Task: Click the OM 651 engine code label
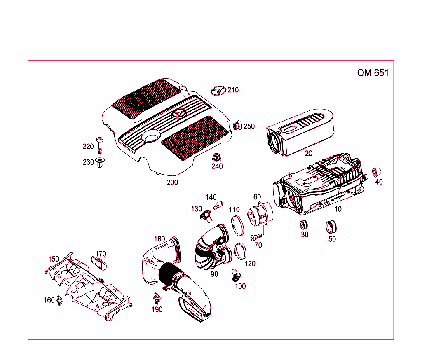(373, 73)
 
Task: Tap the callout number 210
(233, 90)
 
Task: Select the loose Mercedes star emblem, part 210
(218, 91)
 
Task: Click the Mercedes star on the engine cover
(179, 114)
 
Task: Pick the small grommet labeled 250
(237, 125)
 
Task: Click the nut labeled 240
(217, 158)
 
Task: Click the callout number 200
(172, 182)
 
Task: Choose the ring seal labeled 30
(304, 224)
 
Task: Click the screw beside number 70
(256, 237)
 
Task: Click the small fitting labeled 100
(237, 276)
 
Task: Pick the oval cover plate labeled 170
(99, 262)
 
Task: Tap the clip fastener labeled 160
(60, 301)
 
